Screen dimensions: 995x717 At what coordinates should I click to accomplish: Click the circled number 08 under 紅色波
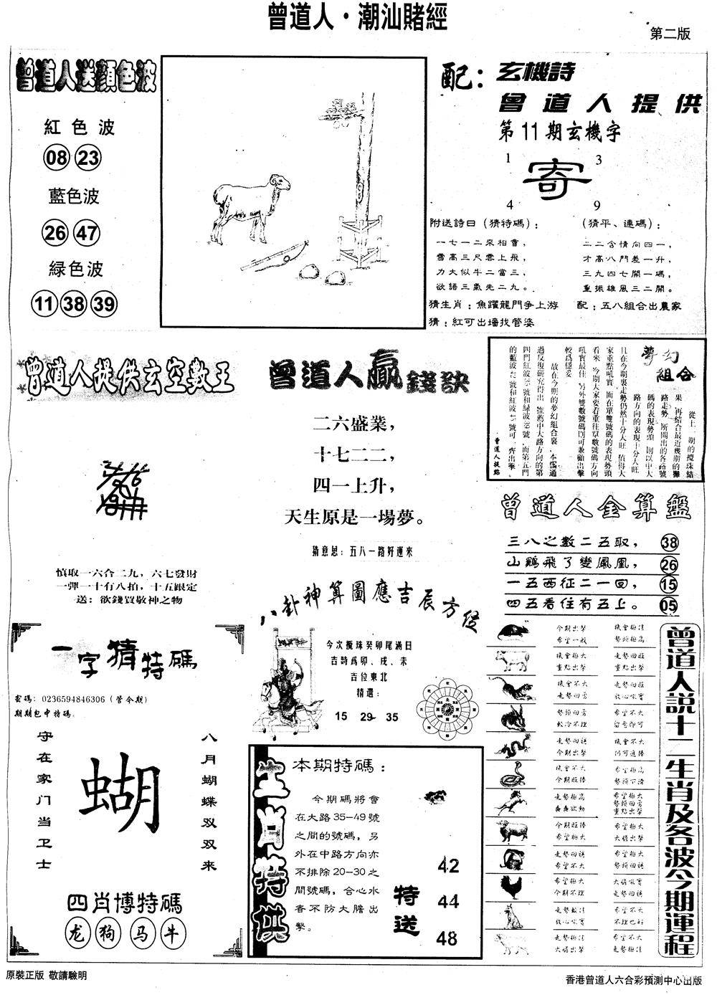pos(53,158)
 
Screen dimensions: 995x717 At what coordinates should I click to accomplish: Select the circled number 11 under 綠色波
pos(44,305)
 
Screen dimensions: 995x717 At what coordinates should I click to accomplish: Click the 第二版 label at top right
pos(669,33)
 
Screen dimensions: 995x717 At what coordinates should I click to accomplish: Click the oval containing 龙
pos(75,935)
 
